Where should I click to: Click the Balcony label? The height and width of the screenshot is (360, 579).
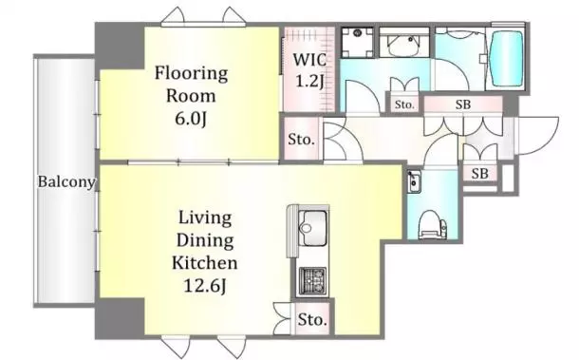point(66,181)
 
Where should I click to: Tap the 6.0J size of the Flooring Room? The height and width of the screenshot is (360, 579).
point(191,119)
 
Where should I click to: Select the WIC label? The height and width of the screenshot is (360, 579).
point(309,60)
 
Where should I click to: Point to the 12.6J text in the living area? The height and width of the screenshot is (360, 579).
point(205,286)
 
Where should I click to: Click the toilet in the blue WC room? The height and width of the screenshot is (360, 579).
point(433,225)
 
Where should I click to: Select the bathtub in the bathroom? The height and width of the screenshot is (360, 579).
point(508,58)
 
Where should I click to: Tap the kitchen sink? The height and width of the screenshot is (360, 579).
point(312,228)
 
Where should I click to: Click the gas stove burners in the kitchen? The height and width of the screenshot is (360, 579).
point(312,280)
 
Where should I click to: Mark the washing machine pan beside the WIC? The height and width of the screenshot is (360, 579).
point(357,43)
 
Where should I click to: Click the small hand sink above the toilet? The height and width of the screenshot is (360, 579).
point(414,181)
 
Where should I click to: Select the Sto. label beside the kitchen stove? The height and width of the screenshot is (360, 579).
point(313,319)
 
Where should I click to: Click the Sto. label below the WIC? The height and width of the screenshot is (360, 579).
point(301,140)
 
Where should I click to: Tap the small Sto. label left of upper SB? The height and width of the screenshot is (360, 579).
point(404,104)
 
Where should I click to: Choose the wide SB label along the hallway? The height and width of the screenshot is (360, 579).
point(463,104)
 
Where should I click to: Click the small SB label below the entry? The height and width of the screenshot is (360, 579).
point(479,173)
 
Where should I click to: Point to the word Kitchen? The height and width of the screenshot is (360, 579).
point(205,263)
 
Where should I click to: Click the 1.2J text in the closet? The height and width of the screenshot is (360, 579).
point(309,82)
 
